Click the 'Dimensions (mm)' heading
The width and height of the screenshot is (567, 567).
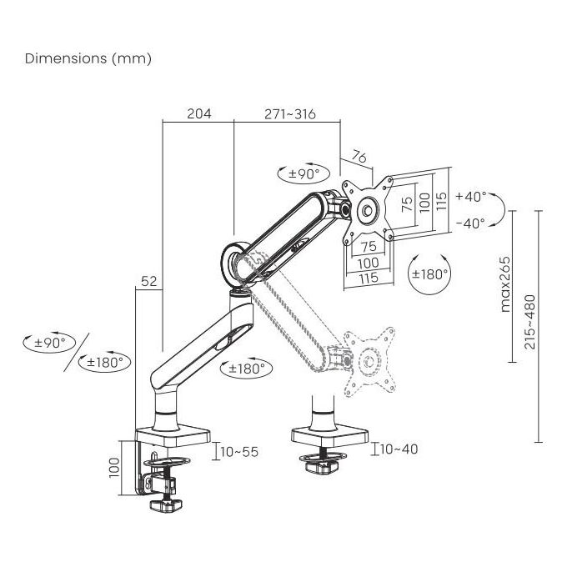(x=88, y=58)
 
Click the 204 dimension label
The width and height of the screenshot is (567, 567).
(x=199, y=113)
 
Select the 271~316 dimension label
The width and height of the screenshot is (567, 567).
(x=290, y=114)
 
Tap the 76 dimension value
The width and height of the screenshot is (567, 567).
(x=359, y=157)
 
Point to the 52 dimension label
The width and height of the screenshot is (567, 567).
(x=149, y=281)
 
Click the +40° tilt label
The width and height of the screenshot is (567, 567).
(x=471, y=196)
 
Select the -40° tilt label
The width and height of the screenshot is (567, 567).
(x=470, y=223)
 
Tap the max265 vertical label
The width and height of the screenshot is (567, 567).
(x=505, y=284)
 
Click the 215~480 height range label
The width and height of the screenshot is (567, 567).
(x=529, y=322)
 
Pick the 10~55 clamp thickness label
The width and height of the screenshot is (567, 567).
(x=239, y=452)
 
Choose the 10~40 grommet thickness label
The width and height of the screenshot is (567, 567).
(x=399, y=449)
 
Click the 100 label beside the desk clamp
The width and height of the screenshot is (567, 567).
(x=114, y=468)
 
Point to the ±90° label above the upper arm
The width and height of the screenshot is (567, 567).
(x=304, y=174)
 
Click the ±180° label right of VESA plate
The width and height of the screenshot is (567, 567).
(x=430, y=274)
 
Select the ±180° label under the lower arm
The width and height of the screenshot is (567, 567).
(x=247, y=369)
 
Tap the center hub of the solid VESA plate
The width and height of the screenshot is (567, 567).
(x=368, y=210)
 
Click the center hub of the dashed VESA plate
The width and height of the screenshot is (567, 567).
(x=369, y=360)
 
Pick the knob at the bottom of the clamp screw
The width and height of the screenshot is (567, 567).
(x=166, y=504)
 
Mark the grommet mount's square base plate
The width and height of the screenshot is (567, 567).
(x=330, y=437)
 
